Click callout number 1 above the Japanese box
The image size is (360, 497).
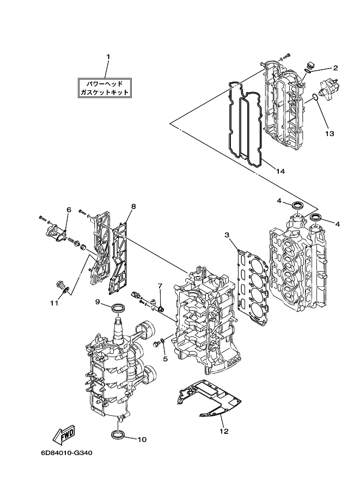(108, 57)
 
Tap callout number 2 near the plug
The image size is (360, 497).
(335, 68)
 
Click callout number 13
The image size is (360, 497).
(330, 133)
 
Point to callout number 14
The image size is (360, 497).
(280, 171)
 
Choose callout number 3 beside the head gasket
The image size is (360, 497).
(227, 235)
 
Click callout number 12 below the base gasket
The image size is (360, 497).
(224, 431)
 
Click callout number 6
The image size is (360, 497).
(69, 210)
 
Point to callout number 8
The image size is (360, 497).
(133, 206)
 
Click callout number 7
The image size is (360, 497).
(160, 286)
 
